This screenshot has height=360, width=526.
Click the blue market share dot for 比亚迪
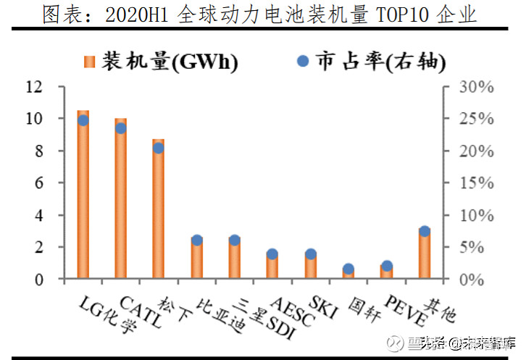click(197, 240)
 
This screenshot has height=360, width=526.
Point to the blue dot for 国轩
click(348, 269)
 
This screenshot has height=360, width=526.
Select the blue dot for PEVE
click(387, 266)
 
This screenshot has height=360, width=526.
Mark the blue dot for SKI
click(311, 254)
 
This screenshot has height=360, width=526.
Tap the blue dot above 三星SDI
click(235, 240)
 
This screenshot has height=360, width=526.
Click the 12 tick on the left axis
click(35, 87)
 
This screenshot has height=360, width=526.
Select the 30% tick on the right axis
click(477, 87)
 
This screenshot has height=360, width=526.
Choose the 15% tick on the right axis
click(477, 183)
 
